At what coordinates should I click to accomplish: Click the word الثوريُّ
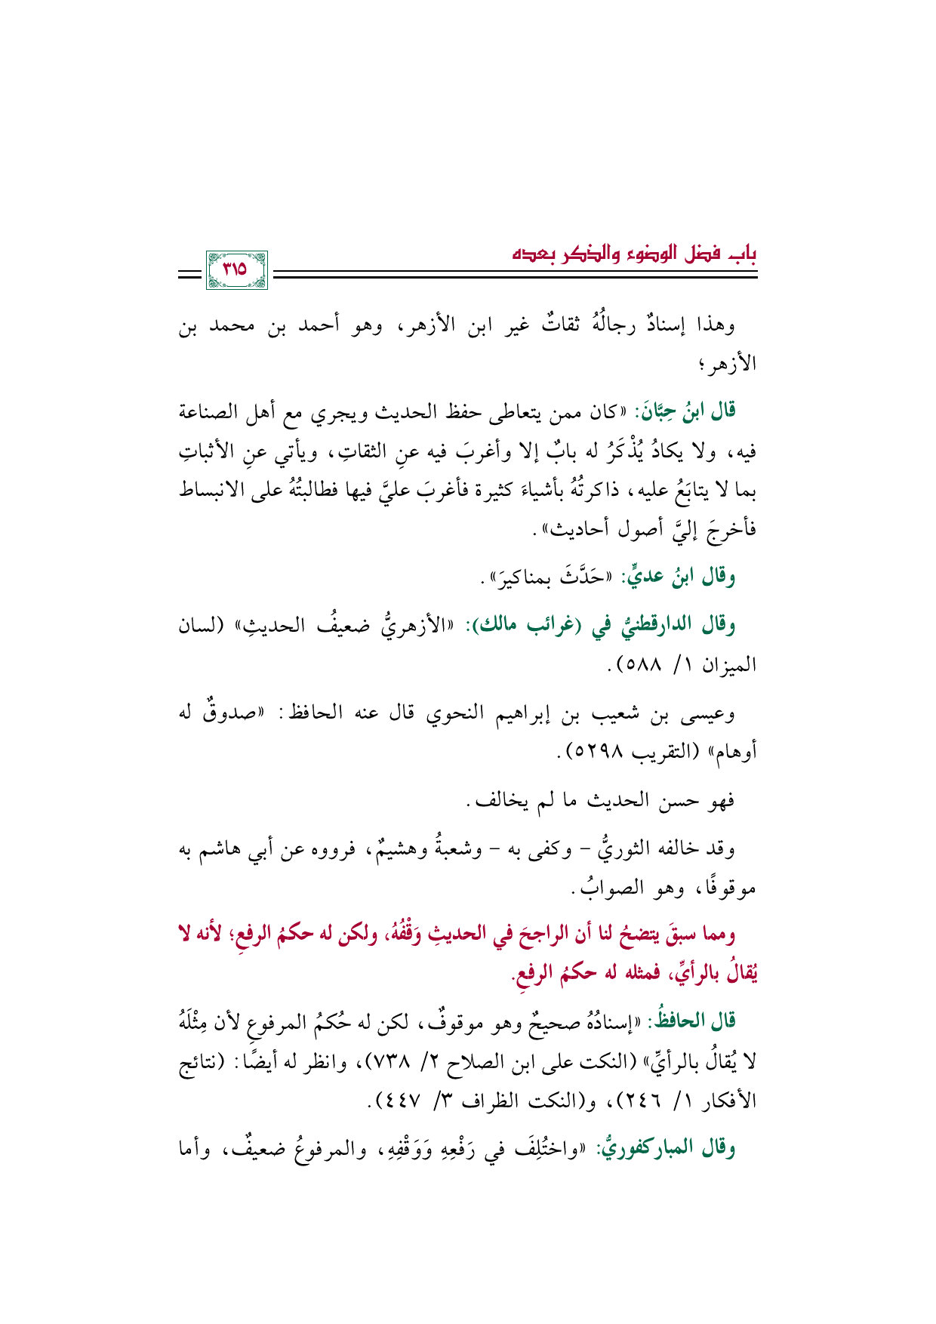tap(635, 848)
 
